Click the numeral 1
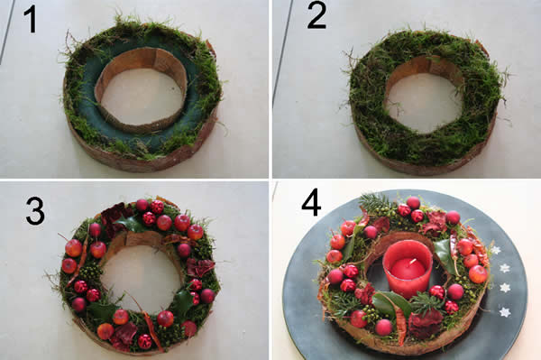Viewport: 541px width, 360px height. click(32, 20)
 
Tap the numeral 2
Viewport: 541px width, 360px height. click(316, 15)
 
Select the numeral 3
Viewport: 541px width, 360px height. click(35, 211)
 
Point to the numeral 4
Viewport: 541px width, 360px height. click(312, 203)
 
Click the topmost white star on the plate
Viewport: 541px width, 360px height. click(496, 250)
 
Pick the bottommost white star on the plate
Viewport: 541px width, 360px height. click(505, 312)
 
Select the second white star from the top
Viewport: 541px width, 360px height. click(504, 268)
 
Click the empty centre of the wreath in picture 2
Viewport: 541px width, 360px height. click(425, 103)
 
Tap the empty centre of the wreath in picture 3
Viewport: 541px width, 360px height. click(142, 277)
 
